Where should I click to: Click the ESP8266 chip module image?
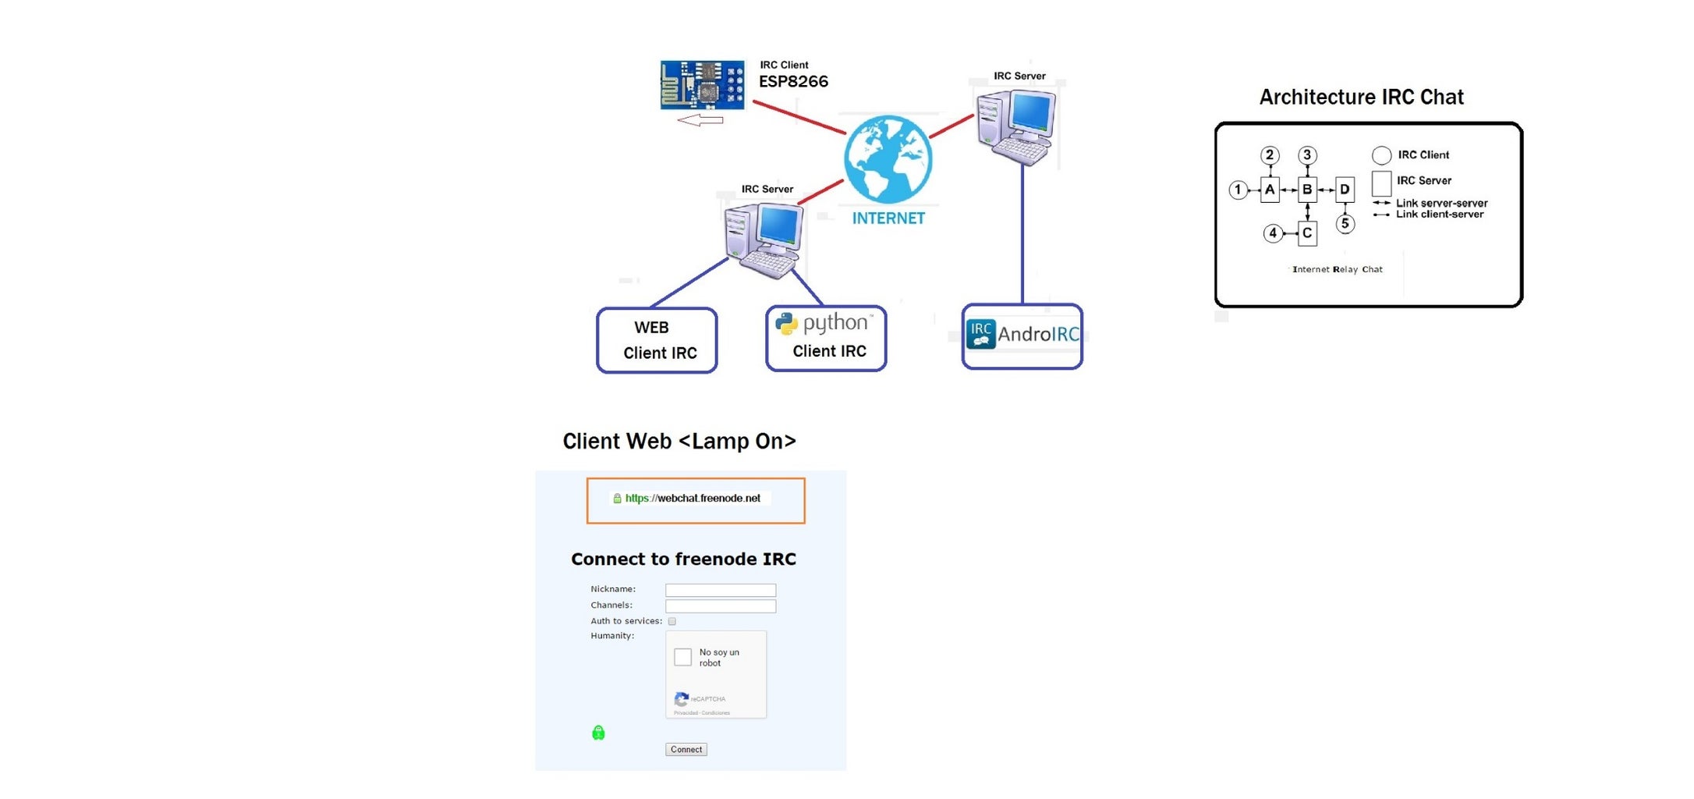point(702,84)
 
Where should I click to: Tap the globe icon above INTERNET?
point(888,159)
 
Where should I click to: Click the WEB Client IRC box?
point(657,340)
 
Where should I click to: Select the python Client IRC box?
point(826,338)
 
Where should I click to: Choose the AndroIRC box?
point(1022,336)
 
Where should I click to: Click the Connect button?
point(686,749)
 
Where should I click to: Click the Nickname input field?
point(720,590)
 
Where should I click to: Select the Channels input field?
point(720,606)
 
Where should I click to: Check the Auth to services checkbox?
point(672,621)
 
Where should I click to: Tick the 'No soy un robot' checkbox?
point(682,657)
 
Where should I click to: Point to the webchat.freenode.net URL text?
point(693,498)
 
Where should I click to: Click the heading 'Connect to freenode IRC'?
point(683,559)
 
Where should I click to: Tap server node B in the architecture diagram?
point(1307,190)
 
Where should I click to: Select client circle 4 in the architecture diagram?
point(1273,233)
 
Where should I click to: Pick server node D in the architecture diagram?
point(1345,190)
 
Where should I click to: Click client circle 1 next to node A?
point(1238,190)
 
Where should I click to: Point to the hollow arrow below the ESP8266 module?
point(700,120)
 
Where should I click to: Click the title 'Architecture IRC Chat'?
point(1361,97)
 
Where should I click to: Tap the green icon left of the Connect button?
point(598,733)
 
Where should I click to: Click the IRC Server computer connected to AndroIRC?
point(1016,126)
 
